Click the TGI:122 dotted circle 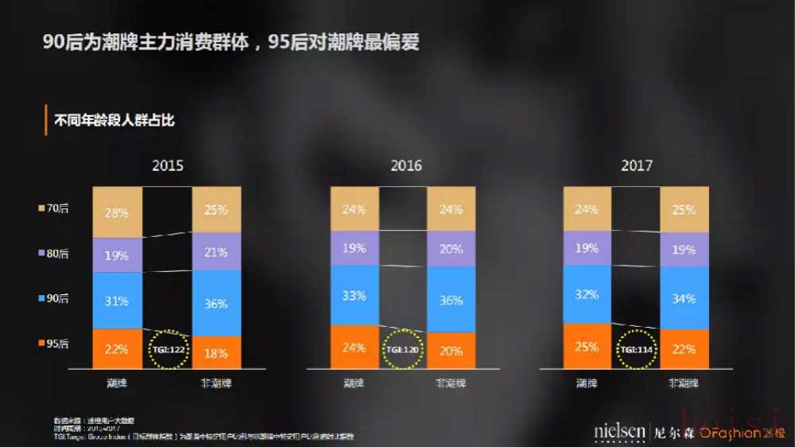click(168, 349)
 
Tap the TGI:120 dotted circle click(402, 349)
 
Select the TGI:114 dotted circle click(636, 349)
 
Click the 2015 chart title click(168, 165)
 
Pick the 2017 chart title click(637, 165)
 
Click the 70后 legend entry click(53, 208)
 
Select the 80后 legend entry click(53, 254)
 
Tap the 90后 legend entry click(53, 298)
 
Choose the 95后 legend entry click(53, 344)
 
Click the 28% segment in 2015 click(117, 212)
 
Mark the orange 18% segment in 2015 click(215, 352)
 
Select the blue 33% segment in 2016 click(355, 295)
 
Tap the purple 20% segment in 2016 click(451, 248)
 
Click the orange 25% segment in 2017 click(588, 346)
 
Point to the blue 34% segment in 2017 click(684, 298)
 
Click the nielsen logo click(619, 432)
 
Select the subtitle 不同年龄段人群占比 click(113, 121)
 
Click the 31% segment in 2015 click(117, 301)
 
